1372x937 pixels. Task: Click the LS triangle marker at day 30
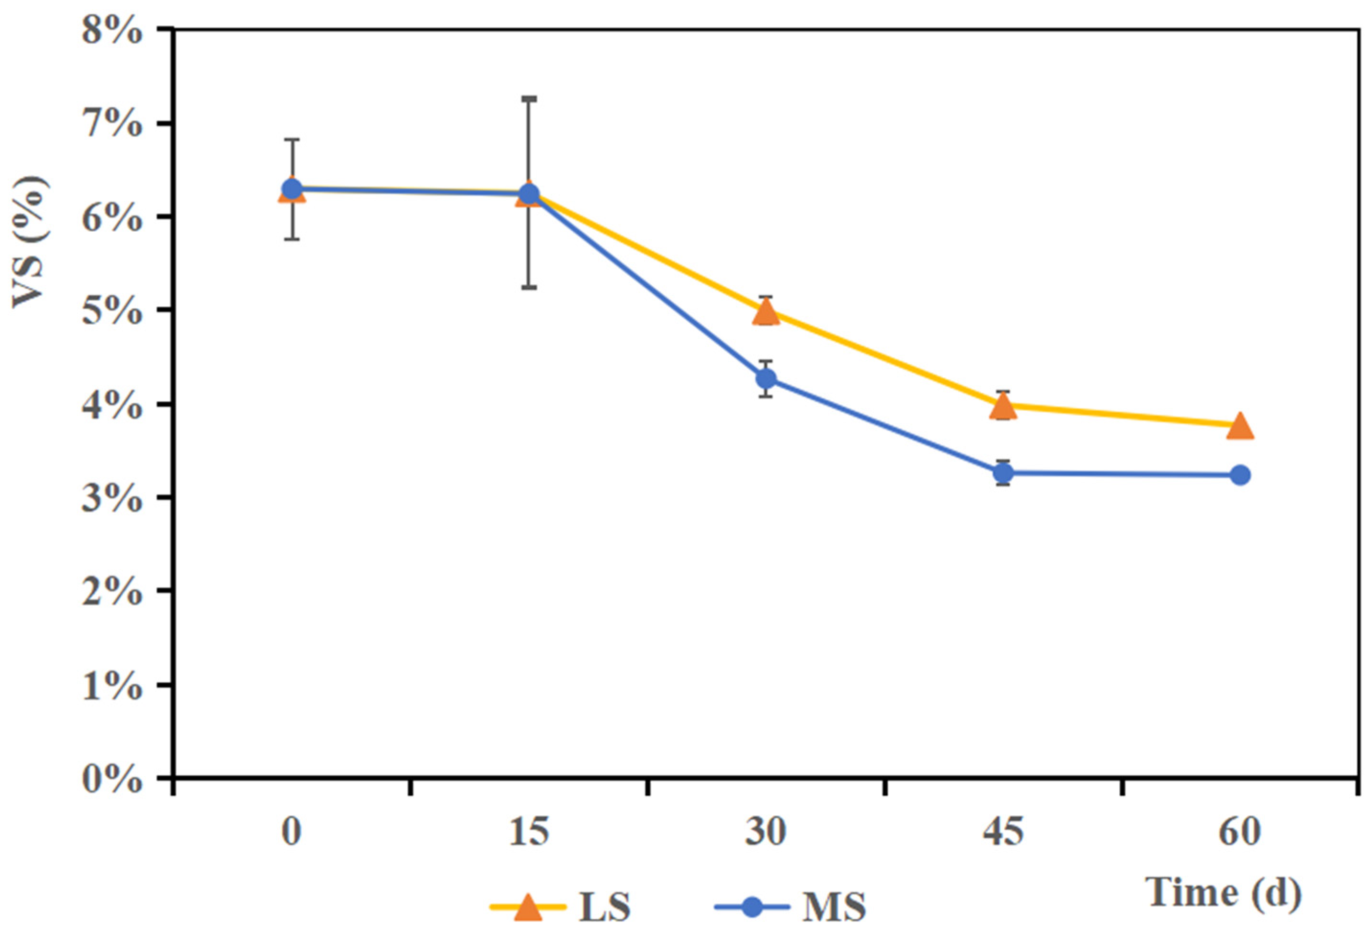click(x=766, y=312)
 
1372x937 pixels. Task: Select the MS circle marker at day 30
click(x=766, y=378)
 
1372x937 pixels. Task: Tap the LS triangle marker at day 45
click(x=1003, y=406)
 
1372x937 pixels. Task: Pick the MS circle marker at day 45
click(x=1003, y=473)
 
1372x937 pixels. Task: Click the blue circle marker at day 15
click(x=529, y=193)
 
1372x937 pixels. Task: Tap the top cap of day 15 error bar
click(x=529, y=98)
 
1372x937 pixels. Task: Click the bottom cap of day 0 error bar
click(x=292, y=238)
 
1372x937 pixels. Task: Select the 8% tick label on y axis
click(x=112, y=31)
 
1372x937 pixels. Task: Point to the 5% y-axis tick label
click(x=112, y=311)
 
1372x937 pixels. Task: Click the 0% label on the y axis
click(x=112, y=780)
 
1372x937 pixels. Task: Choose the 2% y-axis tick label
click(x=112, y=592)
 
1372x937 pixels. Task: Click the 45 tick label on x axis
click(x=1003, y=832)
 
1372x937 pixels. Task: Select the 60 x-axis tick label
click(x=1240, y=832)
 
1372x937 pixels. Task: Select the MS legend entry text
click(x=834, y=906)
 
